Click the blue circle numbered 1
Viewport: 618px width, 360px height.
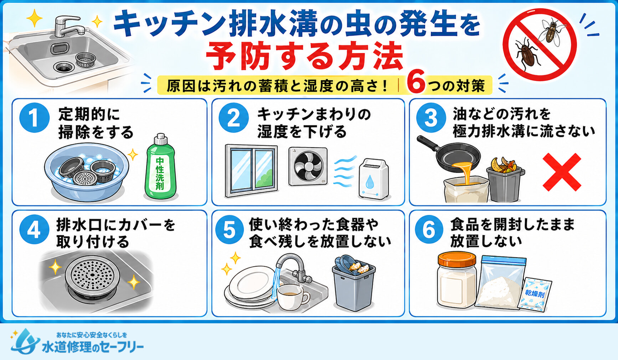tap(35, 118)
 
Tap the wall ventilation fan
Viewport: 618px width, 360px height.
tap(308, 166)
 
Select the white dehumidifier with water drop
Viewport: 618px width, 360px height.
tap(374, 179)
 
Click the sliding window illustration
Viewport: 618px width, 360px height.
tap(251, 171)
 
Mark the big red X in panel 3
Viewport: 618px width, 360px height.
tap(562, 173)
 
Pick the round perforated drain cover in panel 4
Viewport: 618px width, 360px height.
tap(92, 276)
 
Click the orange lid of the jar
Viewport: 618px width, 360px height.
tap(457, 260)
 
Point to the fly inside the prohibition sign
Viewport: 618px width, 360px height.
tap(552, 31)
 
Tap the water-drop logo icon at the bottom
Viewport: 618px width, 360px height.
tap(25, 341)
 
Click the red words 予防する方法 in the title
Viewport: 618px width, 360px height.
tap(305, 56)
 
